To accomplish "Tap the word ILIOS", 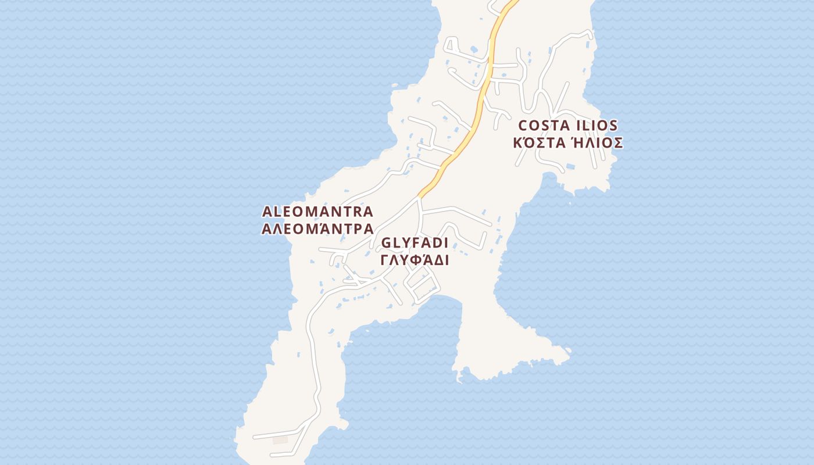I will click(597, 126).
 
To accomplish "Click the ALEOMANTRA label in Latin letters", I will click(317, 212).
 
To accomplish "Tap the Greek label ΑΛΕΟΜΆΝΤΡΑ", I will click(317, 228).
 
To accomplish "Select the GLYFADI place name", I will click(415, 243).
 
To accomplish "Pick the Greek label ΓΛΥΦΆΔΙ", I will click(415, 260).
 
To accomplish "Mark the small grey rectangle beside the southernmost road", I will click(280, 440).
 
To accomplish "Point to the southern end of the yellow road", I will click(419, 196).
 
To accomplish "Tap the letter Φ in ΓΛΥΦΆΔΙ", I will click(414, 260).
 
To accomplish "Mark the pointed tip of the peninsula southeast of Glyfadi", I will click(569, 351).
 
